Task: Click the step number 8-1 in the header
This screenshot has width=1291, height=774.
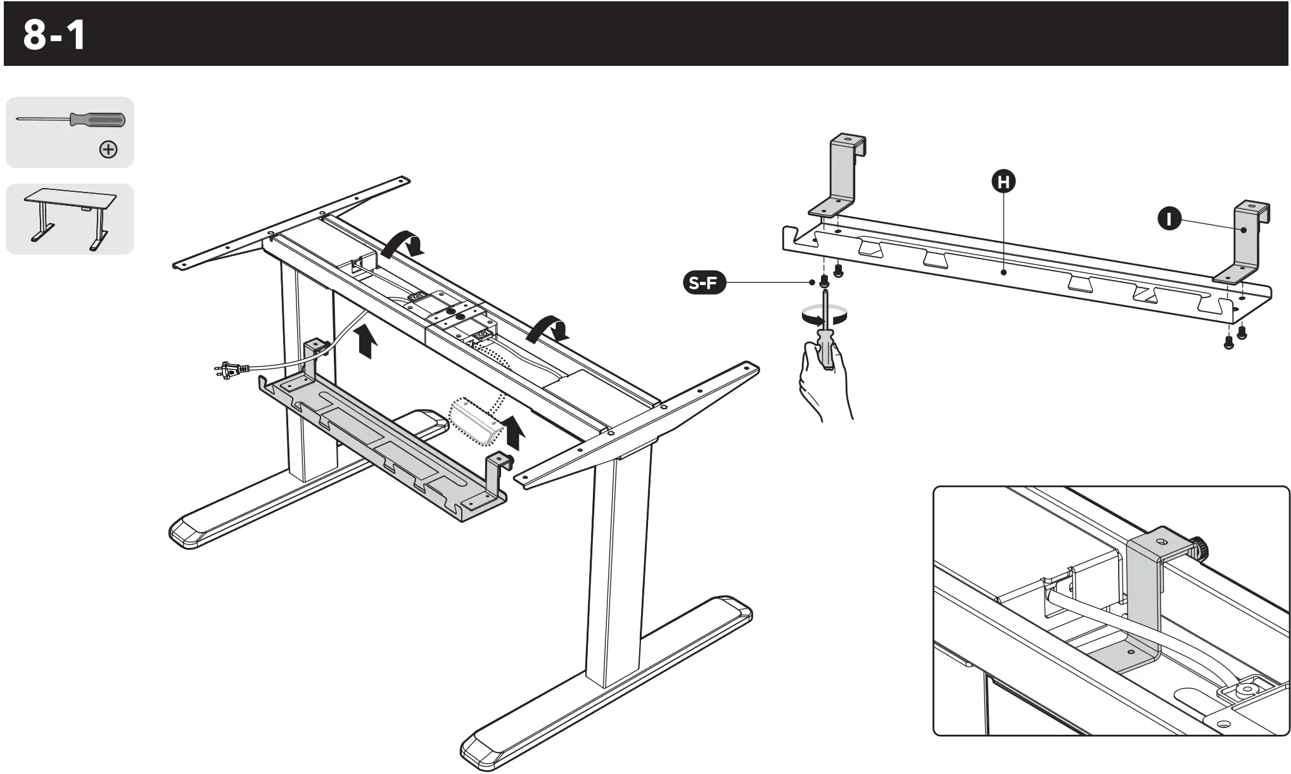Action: pyautogui.click(x=54, y=35)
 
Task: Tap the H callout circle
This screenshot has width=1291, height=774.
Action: pyautogui.click(x=1003, y=182)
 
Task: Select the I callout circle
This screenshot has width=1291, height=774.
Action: pyautogui.click(x=1169, y=219)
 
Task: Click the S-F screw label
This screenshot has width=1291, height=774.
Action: pyautogui.click(x=703, y=282)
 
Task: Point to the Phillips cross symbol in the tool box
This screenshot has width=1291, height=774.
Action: pyautogui.click(x=108, y=149)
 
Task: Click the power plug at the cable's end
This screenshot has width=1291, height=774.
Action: pyautogui.click(x=227, y=371)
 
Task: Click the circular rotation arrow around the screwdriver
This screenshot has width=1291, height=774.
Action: pyautogui.click(x=824, y=314)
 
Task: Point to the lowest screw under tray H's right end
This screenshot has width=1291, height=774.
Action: pyautogui.click(x=1229, y=344)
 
